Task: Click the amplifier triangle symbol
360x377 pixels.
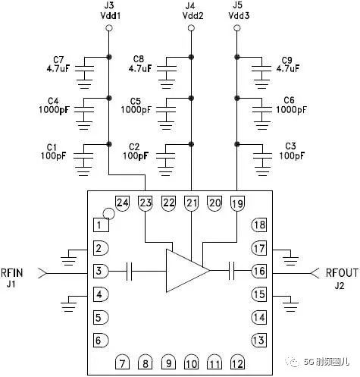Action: pos(187,271)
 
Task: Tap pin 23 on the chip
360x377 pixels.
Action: pos(146,203)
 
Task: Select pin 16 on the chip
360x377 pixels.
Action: pos(259,271)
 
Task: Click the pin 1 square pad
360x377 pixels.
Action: pos(101,225)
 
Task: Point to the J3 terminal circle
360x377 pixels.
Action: pos(109,28)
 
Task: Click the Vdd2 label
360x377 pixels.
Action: pos(193,16)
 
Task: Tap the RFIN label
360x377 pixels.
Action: pos(12,273)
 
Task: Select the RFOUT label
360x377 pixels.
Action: pos(342,273)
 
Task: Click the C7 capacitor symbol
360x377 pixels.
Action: pos(84,68)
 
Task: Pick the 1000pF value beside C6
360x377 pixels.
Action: pos(291,110)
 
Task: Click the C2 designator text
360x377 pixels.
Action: pos(134,147)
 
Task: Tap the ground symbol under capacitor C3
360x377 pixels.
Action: pos(262,171)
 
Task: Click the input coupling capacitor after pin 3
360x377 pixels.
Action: pos(129,271)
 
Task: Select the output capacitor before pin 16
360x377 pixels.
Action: pos(231,271)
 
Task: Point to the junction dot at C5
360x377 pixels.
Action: pos(191,98)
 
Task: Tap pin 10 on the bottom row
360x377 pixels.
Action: pos(191,363)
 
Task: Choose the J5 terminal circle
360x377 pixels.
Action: pos(236,28)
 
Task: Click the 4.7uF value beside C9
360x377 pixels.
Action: pos(288,68)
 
